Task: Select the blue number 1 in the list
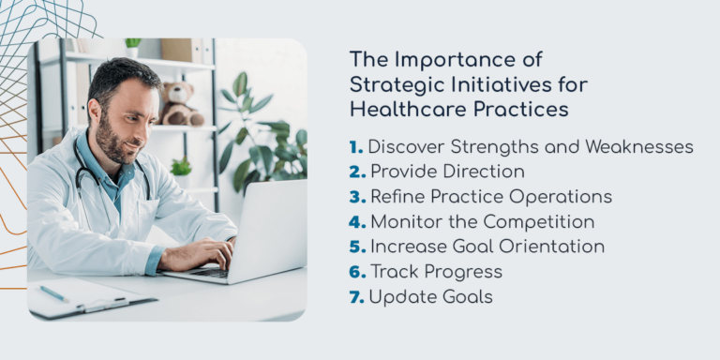point(355,147)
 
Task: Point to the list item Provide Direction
point(446,172)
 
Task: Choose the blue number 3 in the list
point(356,197)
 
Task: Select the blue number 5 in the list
point(356,247)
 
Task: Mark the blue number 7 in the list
point(356,296)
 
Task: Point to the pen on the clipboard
point(54,293)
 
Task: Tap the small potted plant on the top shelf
point(132,46)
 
